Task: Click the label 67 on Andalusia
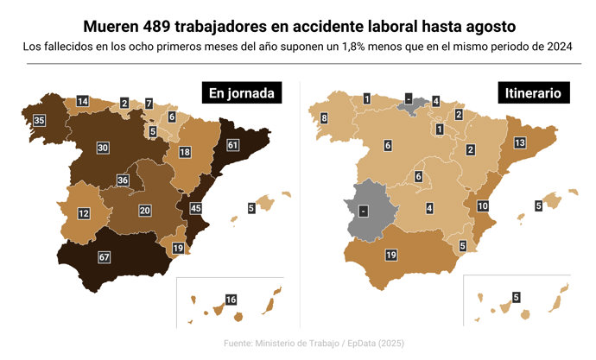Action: click(x=105, y=257)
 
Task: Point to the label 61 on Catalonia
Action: click(x=232, y=146)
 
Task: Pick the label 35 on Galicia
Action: click(x=39, y=120)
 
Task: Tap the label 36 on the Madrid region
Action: click(x=123, y=180)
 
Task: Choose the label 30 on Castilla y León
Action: click(x=103, y=148)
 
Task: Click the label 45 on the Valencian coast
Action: click(x=196, y=208)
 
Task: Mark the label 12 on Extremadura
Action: click(x=84, y=213)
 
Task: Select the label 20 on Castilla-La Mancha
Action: click(x=145, y=210)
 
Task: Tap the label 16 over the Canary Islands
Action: click(x=231, y=300)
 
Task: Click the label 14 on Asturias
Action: click(x=82, y=102)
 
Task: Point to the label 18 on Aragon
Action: click(x=185, y=152)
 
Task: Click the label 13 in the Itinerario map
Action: click(x=520, y=142)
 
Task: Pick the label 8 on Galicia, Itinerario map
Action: click(x=324, y=118)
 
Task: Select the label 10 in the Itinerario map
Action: click(x=483, y=205)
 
